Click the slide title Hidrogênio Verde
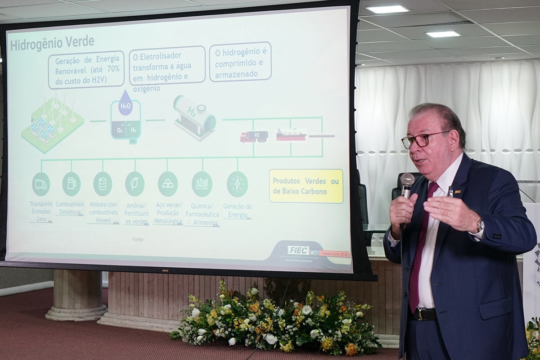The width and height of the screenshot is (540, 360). (x=52, y=43)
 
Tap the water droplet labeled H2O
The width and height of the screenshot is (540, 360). (x=126, y=104)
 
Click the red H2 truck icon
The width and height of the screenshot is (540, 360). (x=254, y=136)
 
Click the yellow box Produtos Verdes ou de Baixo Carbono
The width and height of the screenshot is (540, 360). (x=306, y=186)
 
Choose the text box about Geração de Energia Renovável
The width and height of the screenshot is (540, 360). (x=86, y=70)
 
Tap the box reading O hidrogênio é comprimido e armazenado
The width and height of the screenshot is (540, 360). (x=240, y=62)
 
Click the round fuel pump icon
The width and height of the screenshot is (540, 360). (x=71, y=184)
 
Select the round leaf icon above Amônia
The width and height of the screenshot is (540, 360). (x=135, y=184)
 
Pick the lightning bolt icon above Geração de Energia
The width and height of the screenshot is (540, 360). (x=237, y=184)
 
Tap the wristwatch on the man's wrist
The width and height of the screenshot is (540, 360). (x=481, y=225)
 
